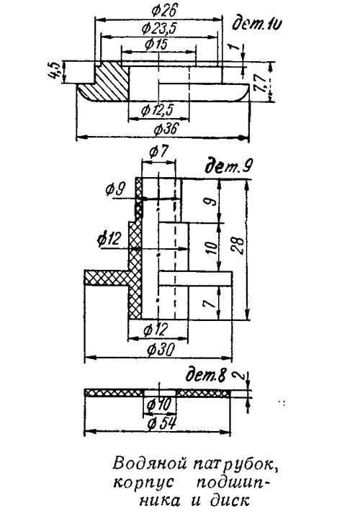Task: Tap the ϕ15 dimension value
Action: [156, 44]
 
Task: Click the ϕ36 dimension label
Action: [166, 129]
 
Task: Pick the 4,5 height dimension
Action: [55, 70]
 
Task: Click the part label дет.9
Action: [228, 168]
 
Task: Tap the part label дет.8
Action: [206, 374]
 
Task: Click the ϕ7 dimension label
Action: [158, 153]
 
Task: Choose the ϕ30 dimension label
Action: [160, 350]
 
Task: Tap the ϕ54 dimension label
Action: [162, 424]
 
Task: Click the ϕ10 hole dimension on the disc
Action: [160, 404]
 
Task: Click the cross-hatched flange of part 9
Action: [106, 277]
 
